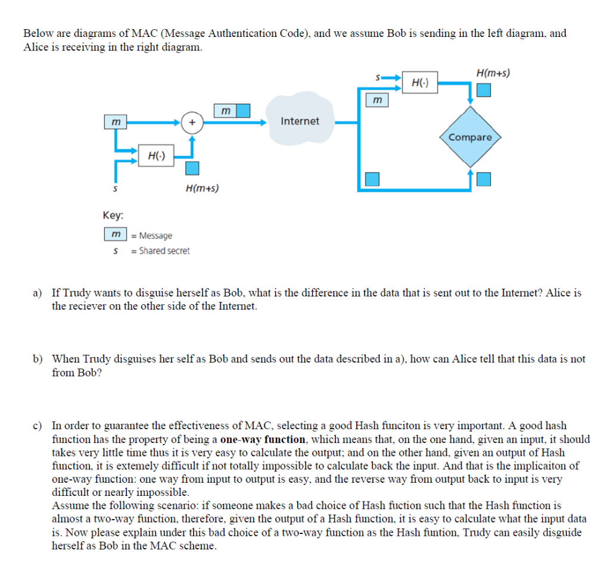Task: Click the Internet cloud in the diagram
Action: [300, 121]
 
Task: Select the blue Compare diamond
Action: [471, 138]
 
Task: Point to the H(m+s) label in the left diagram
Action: [202, 189]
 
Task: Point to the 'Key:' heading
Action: [113, 215]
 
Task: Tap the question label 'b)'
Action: [38, 359]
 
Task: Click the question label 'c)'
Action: [38, 426]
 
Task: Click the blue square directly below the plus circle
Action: [192, 168]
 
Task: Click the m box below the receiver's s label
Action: [376, 100]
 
